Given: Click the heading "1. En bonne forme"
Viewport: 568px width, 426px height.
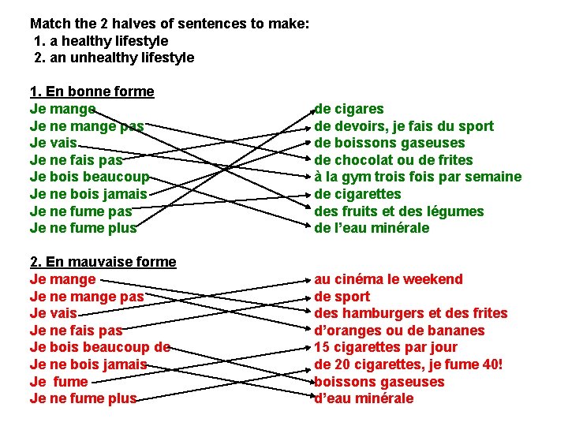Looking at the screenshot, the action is coord(92,92).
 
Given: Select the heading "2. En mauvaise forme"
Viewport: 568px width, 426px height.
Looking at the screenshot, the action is coord(103,262).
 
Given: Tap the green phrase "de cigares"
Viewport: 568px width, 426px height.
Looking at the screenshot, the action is coord(349,109).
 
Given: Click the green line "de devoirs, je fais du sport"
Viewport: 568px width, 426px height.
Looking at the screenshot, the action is coord(404,126).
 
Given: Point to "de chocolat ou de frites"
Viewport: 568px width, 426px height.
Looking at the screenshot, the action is coord(394,160).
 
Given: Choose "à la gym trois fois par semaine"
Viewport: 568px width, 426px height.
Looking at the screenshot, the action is coord(418,177).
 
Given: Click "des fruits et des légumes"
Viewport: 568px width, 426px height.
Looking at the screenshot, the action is coord(399,211).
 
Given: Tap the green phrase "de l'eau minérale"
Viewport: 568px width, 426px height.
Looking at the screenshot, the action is coord(372,228).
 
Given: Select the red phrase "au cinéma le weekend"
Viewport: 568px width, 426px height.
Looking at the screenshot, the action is coord(389,279).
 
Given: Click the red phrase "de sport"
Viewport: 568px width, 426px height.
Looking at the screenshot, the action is coord(342,297).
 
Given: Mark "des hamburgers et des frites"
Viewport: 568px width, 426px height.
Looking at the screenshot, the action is coord(411,313).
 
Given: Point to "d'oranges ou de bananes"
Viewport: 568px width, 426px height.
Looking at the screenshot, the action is coord(399,331).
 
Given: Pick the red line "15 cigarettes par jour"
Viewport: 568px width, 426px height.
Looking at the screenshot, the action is coord(386,347).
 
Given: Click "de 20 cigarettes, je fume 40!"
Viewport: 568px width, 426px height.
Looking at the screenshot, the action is coord(409,364).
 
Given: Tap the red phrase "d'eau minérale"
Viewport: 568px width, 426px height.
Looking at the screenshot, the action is coord(364,398).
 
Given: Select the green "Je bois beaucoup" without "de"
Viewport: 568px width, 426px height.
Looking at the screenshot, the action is coord(89,177).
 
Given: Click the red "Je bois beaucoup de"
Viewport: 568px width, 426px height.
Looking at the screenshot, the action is coord(99,347).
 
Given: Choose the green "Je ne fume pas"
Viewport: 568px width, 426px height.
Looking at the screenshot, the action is coord(80,211).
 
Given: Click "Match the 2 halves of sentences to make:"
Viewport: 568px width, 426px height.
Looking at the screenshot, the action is coord(169,24).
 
